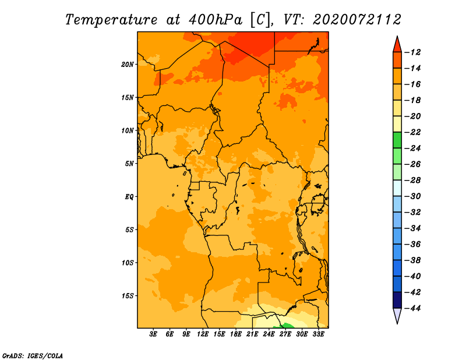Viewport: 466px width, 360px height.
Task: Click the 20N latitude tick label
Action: (x=127, y=64)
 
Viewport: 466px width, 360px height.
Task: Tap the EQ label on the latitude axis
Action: (x=129, y=197)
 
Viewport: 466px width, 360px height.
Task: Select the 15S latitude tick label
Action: (x=127, y=296)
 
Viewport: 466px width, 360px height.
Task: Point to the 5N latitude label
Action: (x=129, y=164)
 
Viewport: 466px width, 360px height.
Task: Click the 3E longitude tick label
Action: (x=153, y=334)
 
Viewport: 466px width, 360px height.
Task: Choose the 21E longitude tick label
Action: (x=252, y=334)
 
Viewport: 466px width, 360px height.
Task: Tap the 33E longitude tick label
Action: (x=318, y=334)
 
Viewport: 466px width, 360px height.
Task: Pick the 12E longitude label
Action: (x=202, y=334)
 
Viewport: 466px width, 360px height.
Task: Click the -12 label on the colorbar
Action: (x=412, y=52)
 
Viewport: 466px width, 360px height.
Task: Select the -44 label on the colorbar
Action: (x=412, y=308)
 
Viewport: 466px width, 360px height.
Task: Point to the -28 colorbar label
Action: (x=412, y=181)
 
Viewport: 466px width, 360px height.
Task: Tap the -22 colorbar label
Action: (x=412, y=132)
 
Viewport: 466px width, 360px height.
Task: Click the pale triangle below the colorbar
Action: (x=397, y=315)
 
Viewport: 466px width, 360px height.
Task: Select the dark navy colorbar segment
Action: (x=397, y=300)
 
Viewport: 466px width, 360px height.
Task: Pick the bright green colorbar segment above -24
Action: (x=397, y=140)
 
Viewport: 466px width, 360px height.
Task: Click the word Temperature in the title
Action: (x=111, y=20)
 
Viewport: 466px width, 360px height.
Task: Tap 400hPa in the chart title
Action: (x=215, y=20)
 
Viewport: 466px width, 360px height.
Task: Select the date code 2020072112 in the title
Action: (x=357, y=20)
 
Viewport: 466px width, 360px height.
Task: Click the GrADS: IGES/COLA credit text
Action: (x=33, y=355)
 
